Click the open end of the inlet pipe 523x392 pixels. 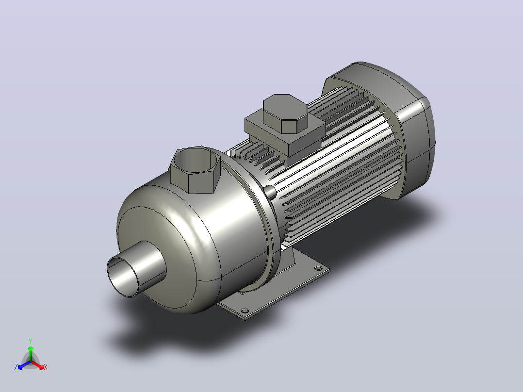[122, 276]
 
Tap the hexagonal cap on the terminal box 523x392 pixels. [285, 114]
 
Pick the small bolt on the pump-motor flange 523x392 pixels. [270, 191]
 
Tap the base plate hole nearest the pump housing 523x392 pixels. [245, 310]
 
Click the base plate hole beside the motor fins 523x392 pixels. [318, 268]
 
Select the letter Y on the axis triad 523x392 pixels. [31, 341]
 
